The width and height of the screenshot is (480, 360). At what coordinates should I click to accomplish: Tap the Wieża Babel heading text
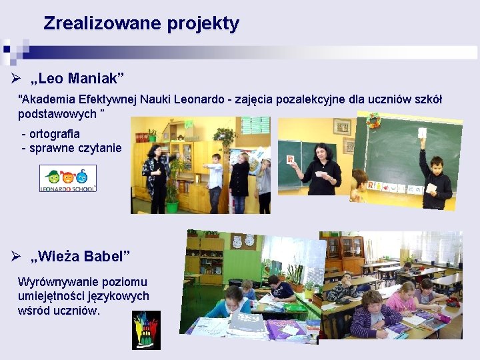tap(81, 256)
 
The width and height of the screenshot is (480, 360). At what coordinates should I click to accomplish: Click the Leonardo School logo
tap(68, 179)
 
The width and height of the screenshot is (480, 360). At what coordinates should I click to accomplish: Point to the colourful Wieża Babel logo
tap(146, 330)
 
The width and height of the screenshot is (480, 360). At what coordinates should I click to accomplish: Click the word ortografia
tap(54, 133)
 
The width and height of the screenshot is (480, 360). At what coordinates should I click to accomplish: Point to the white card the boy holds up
tap(422, 133)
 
